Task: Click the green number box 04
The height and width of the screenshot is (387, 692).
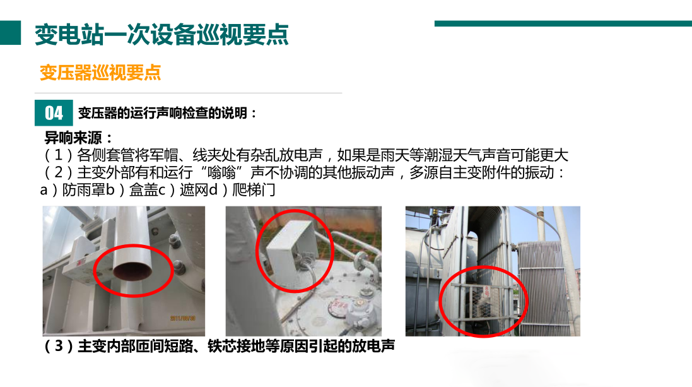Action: pos(54,113)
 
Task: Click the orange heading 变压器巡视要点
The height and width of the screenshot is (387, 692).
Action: pos(100,73)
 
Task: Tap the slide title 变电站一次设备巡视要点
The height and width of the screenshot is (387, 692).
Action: pos(161,35)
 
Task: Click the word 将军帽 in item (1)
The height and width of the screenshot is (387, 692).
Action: pos(145,155)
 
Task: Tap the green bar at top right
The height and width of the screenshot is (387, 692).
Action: pos(563,24)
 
